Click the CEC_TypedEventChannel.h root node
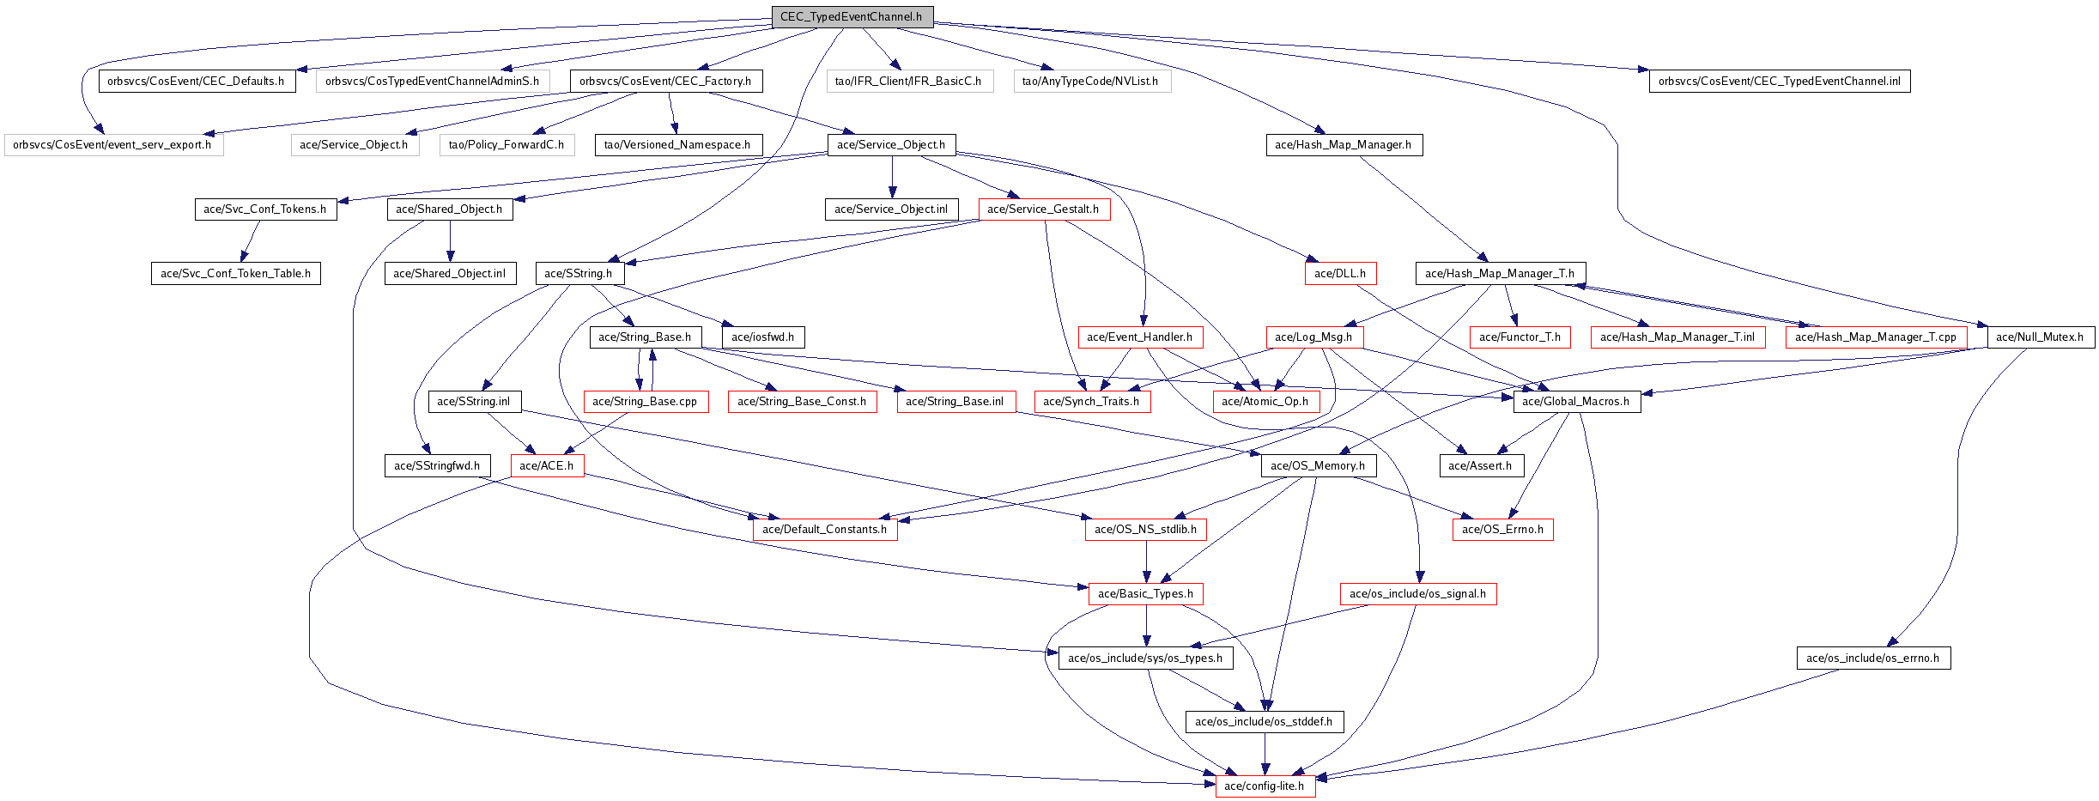(x=851, y=17)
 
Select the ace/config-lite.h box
(x=1265, y=786)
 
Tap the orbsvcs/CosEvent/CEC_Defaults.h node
(x=197, y=82)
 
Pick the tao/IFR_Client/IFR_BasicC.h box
(x=908, y=82)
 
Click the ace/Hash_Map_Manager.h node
(x=1344, y=145)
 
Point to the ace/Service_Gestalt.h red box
(x=1043, y=209)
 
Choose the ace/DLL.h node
(x=1339, y=274)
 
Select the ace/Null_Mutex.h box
(x=2040, y=337)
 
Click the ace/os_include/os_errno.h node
(x=1872, y=658)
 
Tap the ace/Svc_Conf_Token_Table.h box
(x=235, y=274)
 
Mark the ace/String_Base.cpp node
(x=645, y=402)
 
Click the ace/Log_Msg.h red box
(x=1313, y=337)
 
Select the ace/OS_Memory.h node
(x=1318, y=466)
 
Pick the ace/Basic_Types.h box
(x=1145, y=594)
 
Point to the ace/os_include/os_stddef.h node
(x=1264, y=722)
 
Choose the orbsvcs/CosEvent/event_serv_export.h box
(x=112, y=145)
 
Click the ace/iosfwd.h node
(x=762, y=337)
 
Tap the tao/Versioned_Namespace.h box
(x=677, y=145)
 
